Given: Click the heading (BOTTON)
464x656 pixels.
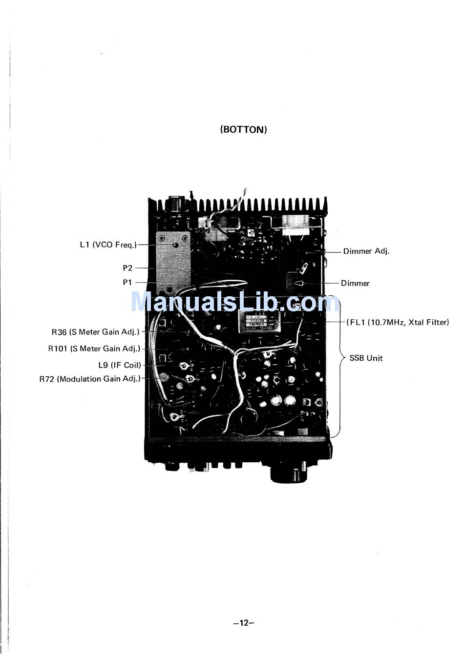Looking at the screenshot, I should tap(244, 130).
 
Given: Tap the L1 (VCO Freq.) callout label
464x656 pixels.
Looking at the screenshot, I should tap(108, 245).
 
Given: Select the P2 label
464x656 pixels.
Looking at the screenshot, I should tap(127, 268).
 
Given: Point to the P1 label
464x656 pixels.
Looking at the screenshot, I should tap(127, 283).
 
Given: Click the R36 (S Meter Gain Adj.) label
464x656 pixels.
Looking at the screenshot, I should tap(95, 332).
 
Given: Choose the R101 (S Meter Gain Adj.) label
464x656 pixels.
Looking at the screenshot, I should tap(94, 349).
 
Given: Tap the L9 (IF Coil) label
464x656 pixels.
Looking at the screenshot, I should tap(119, 365).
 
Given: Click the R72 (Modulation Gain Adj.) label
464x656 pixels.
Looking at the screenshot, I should tap(90, 379).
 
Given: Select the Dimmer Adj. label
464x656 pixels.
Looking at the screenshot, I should tap(366, 252).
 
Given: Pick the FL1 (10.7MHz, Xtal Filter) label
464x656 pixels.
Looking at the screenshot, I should tap(398, 322).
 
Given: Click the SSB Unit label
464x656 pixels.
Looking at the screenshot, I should tap(366, 358).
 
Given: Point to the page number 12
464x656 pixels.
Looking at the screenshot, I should tap(244, 623).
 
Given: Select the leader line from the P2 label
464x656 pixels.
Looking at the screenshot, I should tap(147, 268).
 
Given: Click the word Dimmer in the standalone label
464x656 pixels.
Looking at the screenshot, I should tap(355, 284).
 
